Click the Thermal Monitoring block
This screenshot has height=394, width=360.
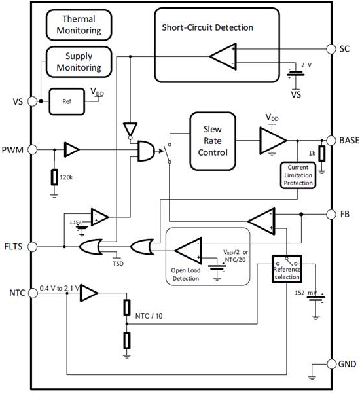pyautogui.click(x=79, y=25)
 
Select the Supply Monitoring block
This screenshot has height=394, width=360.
pyautogui.click(x=79, y=62)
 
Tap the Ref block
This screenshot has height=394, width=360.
pyautogui.click(x=67, y=101)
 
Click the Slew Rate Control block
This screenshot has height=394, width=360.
pyautogui.click(x=213, y=141)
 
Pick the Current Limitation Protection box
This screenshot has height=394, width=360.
pyautogui.click(x=298, y=175)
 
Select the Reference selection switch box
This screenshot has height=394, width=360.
pyautogui.click(x=287, y=268)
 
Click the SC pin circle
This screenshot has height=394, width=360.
pyautogui.click(x=331, y=49)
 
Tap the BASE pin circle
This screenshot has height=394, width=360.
pyautogui.click(x=331, y=141)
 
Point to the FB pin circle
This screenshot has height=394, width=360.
pyautogui.click(x=331, y=214)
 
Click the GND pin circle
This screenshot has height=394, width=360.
pyautogui.click(x=331, y=364)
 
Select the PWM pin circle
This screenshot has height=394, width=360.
pyautogui.click(x=33, y=150)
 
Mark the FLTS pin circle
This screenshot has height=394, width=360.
pyautogui.click(x=33, y=247)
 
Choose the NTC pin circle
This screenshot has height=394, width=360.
pyautogui.click(x=33, y=293)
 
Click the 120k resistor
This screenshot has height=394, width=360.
pyautogui.click(x=54, y=177)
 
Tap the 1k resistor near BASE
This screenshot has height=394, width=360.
pyautogui.click(x=322, y=154)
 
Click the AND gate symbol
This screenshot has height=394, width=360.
pyautogui.click(x=147, y=151)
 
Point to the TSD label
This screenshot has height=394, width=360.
pyautogui.click(x=118, y=264)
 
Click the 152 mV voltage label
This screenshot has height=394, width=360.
pyautogui.click(x=306, y=293)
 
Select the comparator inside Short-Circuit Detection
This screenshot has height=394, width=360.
pyautogui.click(x=223, y=56)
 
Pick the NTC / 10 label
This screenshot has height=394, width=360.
pyautogui.click(x=149, y=316)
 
